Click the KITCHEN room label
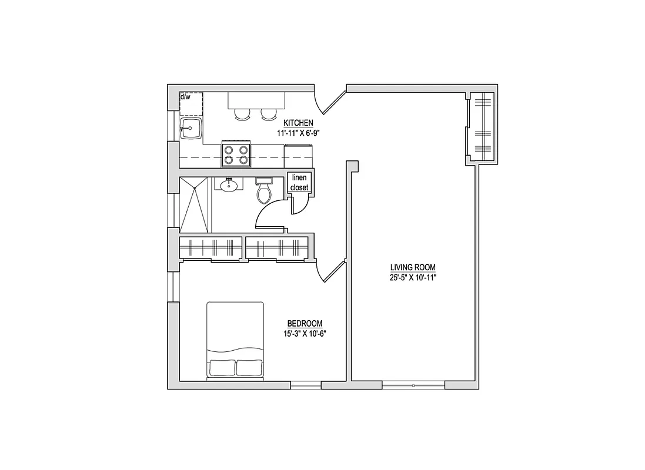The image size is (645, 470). coord(298,123)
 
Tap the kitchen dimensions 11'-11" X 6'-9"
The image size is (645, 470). coord(298,133)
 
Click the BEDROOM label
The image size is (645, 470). coord(305,324)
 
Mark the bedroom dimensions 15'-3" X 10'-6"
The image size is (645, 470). coord(305,334)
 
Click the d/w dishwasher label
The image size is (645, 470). coord(185,97)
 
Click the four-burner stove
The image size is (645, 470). coord(236,155)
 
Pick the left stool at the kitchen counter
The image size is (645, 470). coord(242,115)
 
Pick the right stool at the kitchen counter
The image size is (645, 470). coord(268,115)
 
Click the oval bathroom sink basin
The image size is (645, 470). coord(229,186)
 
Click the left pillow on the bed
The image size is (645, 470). coord(222,368)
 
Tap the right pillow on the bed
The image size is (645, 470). coord(249,368)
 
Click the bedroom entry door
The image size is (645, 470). coord(330,271)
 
